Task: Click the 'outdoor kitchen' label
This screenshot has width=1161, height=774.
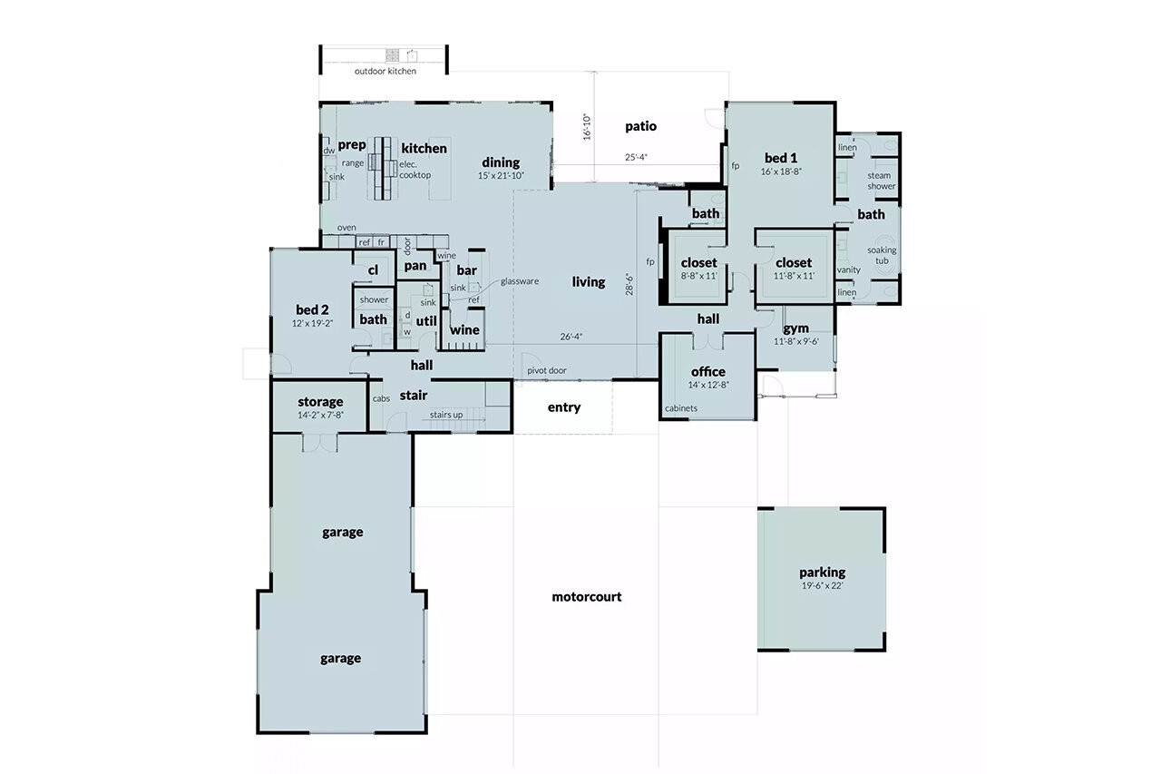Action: point(385,71)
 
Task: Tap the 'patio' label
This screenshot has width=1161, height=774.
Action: point(640,126)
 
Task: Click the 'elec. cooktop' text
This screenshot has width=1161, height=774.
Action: point(415,170)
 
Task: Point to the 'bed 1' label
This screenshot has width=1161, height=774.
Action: point(781,157)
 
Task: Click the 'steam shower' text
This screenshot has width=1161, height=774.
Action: point(881,181)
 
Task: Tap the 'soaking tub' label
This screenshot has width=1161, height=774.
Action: point(882,255)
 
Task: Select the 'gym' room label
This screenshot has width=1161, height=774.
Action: point(796,328)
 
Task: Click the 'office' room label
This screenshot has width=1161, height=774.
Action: point(708,371)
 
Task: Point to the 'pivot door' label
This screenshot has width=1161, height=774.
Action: point(547,370)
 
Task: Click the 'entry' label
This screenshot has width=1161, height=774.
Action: point(563,407)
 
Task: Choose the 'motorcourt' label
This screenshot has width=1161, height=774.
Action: point(587,597)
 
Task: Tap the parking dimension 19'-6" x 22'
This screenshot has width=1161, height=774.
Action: point(822,586)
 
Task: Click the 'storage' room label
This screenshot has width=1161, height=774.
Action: point(320,402)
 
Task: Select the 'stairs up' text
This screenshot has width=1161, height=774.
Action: point(446,416)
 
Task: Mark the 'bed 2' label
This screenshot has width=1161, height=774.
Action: point(312,309)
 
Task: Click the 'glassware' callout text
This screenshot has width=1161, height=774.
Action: point(520,281)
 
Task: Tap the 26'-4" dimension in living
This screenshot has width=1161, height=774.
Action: point(571,337)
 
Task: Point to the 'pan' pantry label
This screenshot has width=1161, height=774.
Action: point(415,265)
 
